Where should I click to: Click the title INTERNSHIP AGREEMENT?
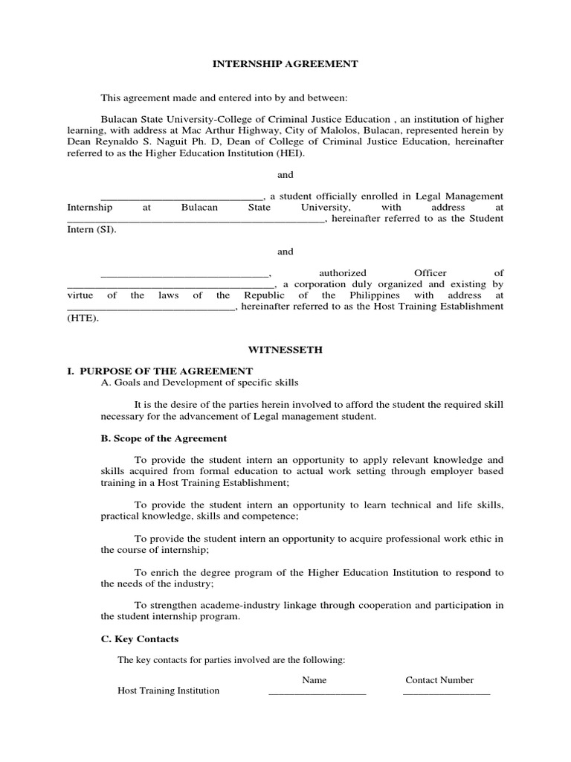point(285,64)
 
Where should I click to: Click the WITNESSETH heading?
point(285,350)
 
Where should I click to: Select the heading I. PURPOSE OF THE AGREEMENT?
point(160,371)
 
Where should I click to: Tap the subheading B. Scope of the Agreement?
point(164,438)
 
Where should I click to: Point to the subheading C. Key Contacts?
point(140,638)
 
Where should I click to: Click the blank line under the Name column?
point(317,693)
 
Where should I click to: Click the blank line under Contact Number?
point(446,693)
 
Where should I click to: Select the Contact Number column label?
point(439,680)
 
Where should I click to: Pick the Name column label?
point(314,680)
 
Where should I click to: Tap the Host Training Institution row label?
point(169,691)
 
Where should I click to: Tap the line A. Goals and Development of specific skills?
point(200,382)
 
